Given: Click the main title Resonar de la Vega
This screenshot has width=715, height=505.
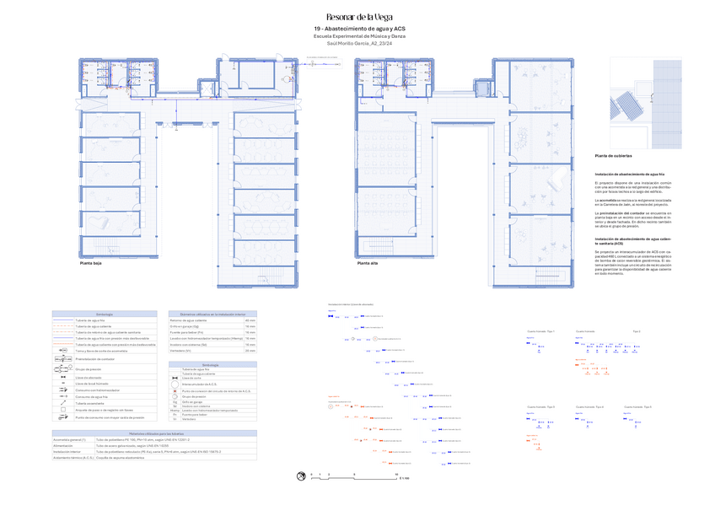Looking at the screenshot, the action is (x=358, y=17).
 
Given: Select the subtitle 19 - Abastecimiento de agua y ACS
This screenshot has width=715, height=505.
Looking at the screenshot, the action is (x=358, y=30).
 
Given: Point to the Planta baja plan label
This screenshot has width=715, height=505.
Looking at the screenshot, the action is (x=90, y=263).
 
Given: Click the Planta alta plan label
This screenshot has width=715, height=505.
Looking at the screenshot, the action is (x=367, y=263).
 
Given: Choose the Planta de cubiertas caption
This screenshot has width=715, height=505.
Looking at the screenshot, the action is (x=614, y=156).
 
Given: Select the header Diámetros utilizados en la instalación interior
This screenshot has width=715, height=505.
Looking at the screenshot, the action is (x=213, y=314).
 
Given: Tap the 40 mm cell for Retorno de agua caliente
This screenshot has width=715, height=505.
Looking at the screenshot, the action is (x=250, y=320).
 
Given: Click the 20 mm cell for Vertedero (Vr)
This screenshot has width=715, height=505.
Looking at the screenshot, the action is (x=250, y=350).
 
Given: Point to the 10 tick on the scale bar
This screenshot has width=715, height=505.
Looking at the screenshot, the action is (x=396, y=475).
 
